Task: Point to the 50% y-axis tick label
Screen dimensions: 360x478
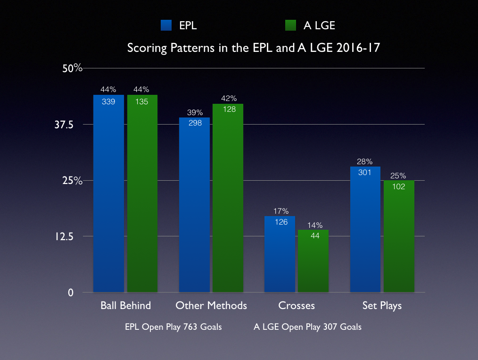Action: click(73, 68)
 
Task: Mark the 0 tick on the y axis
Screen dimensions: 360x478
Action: click(71, 293)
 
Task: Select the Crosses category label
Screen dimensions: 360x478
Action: click(297, 306)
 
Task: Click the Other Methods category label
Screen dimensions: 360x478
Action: click(211, 306)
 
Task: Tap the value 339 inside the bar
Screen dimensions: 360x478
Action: click(108, 101)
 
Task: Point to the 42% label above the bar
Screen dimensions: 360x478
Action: click(228, 99)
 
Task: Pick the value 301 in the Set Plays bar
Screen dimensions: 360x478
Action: click(365, 172)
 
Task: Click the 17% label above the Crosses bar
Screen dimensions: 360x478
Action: click(280, 211)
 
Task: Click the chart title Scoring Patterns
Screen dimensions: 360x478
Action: click(253, 48)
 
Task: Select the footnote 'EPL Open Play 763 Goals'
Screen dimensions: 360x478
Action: click(173, 327)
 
